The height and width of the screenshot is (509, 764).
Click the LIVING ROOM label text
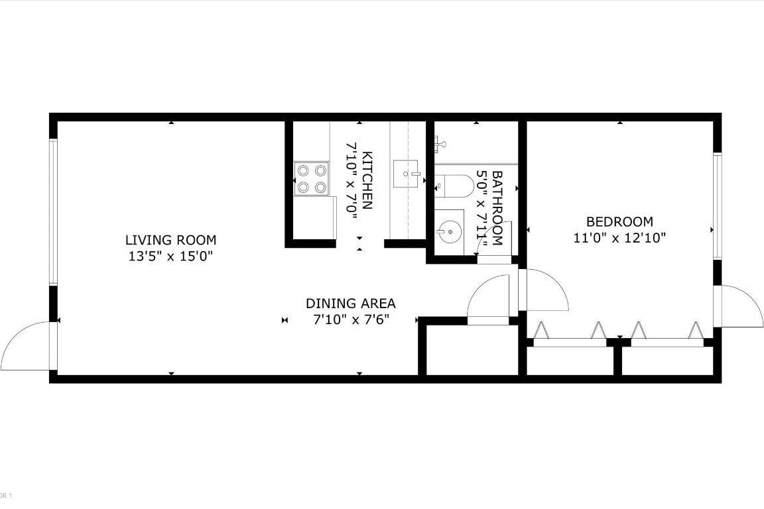(x=170, y=240)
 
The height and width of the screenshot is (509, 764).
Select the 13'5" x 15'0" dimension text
(x=170, y=256)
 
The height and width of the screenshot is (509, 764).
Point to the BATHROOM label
(x=497, y=208)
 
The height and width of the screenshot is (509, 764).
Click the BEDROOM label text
(x=619, y=222)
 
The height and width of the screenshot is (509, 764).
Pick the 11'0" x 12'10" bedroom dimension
(x=619, y=238)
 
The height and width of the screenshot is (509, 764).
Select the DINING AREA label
(x=350, y=304)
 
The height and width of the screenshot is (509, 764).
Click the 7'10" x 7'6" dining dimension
(x=350, y=319)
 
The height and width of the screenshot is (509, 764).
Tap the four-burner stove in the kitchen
(x=312, y=179)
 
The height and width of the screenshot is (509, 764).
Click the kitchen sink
(x=407, y=174)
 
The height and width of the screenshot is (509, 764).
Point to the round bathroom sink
(x=450, y=231)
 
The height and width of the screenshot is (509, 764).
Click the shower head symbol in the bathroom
(x=440, y=141)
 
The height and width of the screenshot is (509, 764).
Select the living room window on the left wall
(x=53, y=212)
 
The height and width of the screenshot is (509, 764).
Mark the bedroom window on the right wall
(x=717, y=205)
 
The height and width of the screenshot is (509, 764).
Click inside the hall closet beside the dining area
(x=471, y=351)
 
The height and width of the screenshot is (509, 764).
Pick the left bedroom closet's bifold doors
(x=570, y=335)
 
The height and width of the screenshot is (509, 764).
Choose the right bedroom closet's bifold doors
(x=666, y=335)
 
